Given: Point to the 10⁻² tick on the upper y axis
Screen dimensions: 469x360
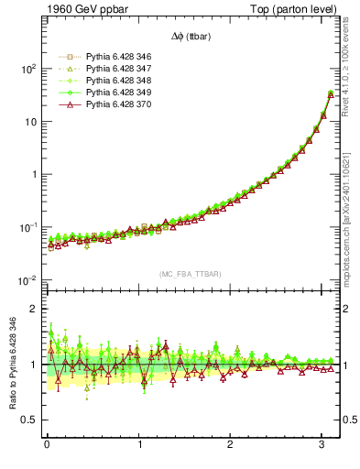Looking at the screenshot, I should [27, 280].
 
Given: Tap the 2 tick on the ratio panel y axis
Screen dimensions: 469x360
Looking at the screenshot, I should [34, 309].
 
